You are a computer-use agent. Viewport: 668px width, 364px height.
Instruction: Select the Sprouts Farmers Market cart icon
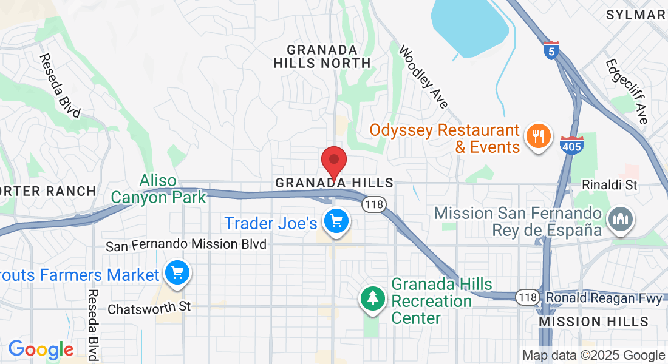click(177, 274)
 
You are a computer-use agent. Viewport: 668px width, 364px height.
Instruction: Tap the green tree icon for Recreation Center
click(372, 298)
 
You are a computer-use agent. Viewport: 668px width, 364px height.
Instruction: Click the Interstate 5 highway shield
click(550, 51)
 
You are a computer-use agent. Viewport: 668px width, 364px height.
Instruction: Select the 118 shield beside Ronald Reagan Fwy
click(526, 297)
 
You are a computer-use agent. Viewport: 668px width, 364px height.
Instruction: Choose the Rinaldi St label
click(609, 185)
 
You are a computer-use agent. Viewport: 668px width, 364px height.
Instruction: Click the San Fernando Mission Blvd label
click(186, 245)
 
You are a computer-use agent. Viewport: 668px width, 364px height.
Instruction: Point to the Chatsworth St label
click(149, 308)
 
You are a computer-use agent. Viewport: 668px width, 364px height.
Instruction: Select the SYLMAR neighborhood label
click(636, 15)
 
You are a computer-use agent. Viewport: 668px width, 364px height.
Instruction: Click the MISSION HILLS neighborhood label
click(594, 322)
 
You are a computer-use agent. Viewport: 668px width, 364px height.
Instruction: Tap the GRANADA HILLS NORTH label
click(322, 56)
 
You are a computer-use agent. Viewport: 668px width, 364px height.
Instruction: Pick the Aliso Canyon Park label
click(158, 189)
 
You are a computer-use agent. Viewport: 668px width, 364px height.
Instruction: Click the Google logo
click(41, 349)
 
